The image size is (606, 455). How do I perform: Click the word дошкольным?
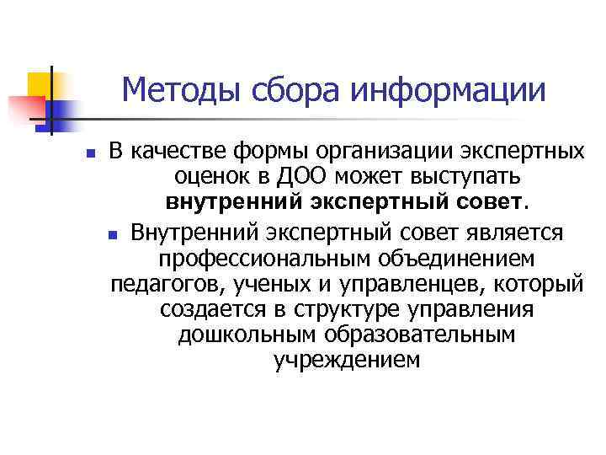[x=237, y=335]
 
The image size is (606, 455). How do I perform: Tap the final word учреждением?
[x=346, y=361]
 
